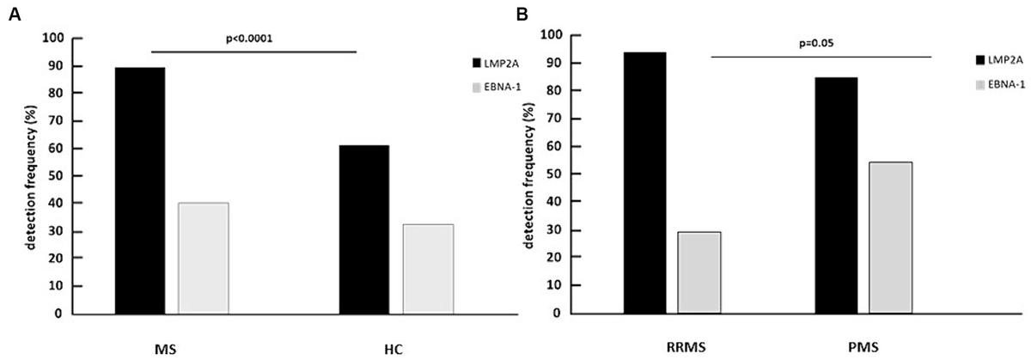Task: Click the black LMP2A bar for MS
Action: pos(139,191)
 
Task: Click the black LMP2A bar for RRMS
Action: pos(644,183)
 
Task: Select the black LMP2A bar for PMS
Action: pos(836,195)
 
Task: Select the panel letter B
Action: pos(542,13)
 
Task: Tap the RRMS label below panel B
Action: pos(675,346)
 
